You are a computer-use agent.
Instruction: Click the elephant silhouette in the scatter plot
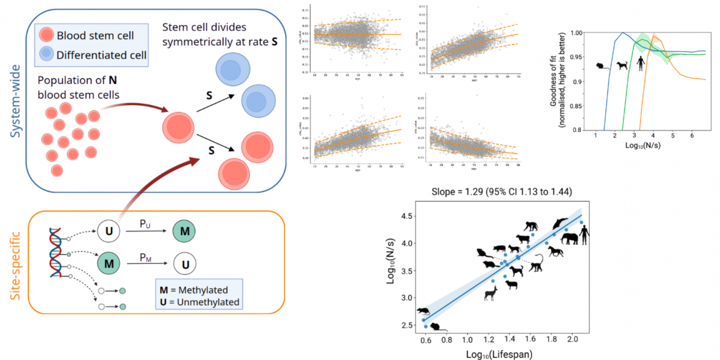point(569,239)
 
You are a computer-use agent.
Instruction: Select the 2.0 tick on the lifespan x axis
point(572,340)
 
